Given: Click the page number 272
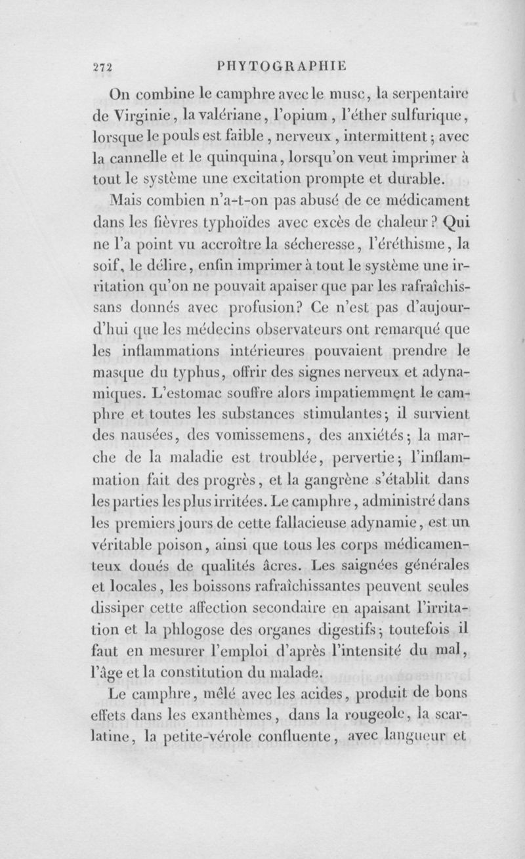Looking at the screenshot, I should pos(102,66).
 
